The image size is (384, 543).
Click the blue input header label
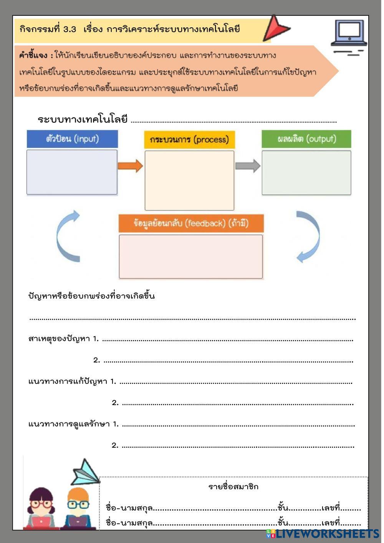[x=72, y=139]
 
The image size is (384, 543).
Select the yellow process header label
[x=189, y=140]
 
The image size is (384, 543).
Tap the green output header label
[x=306, y=139]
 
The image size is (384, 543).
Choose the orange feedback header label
[x=191, y=223]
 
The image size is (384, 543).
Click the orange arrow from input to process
[x=130, y=166]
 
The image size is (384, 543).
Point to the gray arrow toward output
[x=248, y=166]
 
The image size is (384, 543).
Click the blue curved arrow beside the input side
[x=67, y=236]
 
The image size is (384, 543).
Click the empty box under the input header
[x=72, y=172]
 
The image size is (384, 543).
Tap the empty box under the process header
[x=189, y=180]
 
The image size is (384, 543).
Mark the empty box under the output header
[x=306, y=173]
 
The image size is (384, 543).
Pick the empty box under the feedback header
[x=191, y=257]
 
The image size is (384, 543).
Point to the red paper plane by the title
[x=275, y=28]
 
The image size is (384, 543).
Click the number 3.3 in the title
[x=70, y=29]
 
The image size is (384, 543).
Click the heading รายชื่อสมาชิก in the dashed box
[x=233, y=487]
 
